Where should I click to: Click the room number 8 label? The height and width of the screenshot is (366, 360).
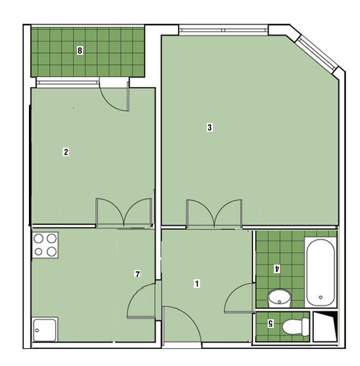[x=79, y=50]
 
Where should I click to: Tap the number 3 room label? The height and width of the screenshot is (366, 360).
[x=210, y=127]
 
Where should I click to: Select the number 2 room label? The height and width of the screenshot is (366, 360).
[x=66, y=152]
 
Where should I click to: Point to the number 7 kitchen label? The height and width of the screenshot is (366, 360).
[x=137, y=274]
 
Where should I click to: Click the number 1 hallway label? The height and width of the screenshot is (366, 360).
[x=197, y=284]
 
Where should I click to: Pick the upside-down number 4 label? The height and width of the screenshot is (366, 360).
[x=277, y=268]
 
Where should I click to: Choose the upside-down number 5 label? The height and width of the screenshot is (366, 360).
[x=271, y=324]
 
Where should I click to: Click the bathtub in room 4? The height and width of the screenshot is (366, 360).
[x=321, y=272]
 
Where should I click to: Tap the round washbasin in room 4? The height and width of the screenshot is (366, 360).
[x=279, y=298]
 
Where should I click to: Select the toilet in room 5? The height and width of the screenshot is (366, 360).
[x=295, y=327]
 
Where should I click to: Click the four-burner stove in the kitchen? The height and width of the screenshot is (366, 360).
[x=45, y=245]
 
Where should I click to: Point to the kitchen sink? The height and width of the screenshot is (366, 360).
[x=45, y=329]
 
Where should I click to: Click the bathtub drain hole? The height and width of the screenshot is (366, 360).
[x=321, y=297]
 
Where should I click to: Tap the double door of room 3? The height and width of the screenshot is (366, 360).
[x=214, y=213]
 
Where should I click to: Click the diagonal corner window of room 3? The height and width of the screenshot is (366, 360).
[x=317, y=54]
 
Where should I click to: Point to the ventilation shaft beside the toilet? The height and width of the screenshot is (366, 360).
[x=325, y=327]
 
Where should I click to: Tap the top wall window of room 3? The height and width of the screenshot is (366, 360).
[x=223, y=30]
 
